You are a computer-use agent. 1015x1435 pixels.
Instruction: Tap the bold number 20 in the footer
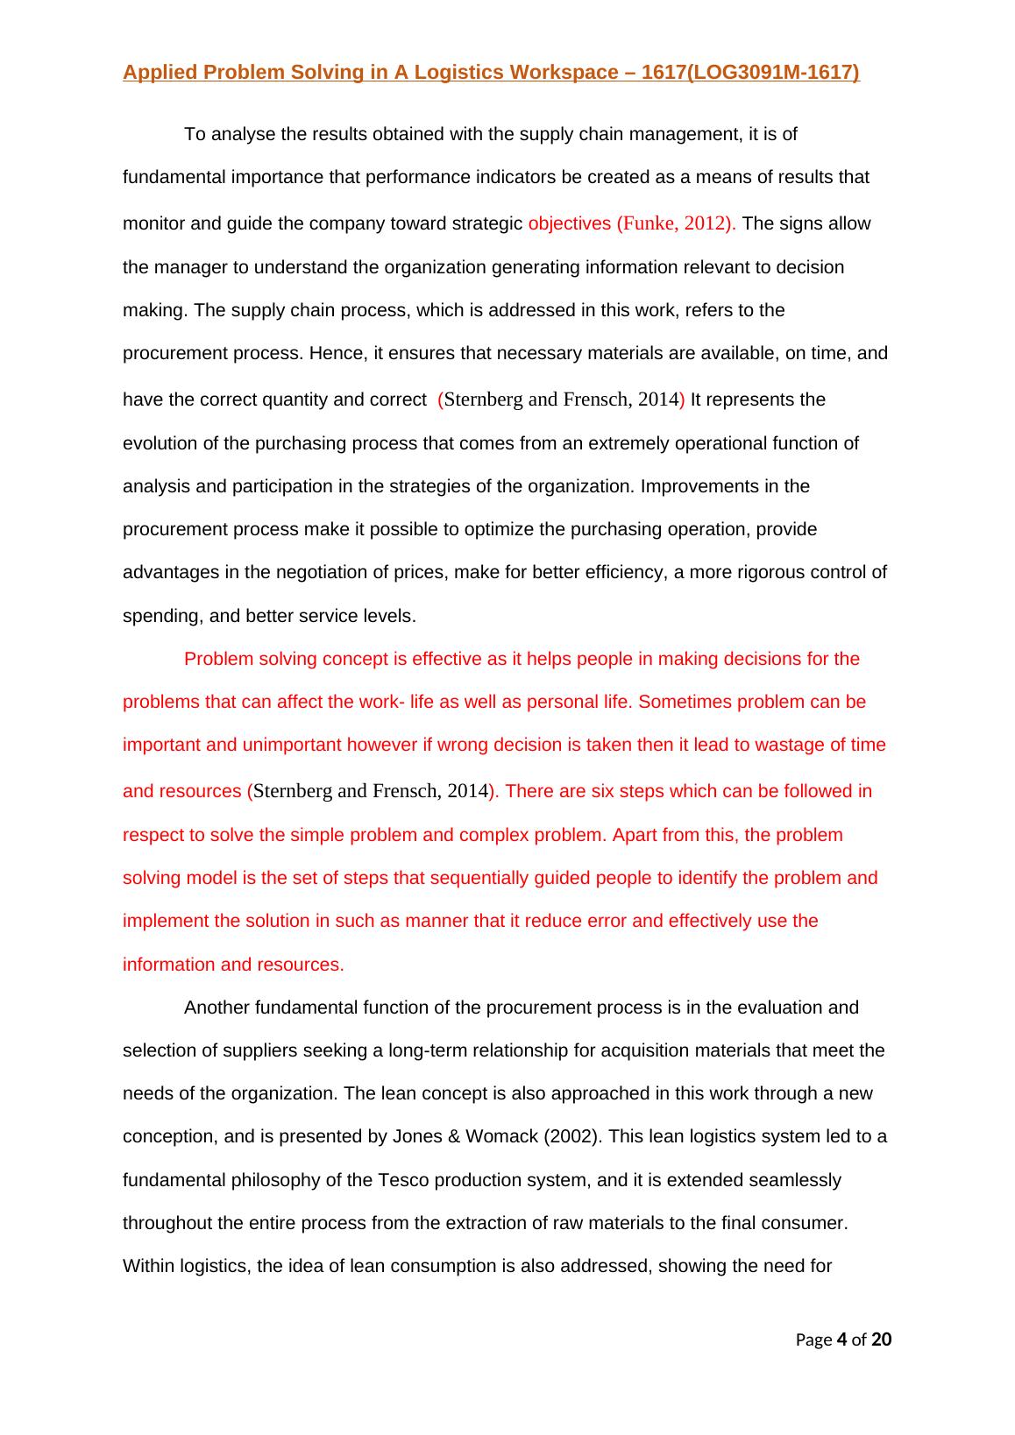tap(882, 1340)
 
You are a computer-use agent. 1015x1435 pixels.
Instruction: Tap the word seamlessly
tap(798, 1180)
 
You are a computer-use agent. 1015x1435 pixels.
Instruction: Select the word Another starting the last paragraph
tap(216, 1007)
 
